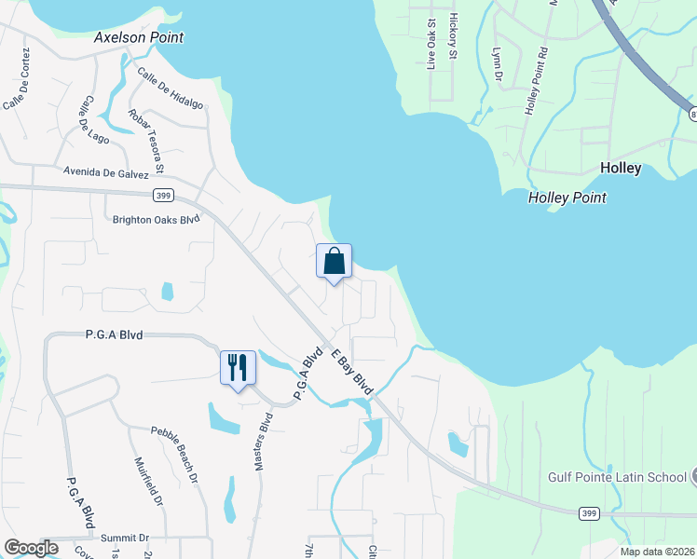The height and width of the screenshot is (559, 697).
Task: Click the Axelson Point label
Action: [139, 38]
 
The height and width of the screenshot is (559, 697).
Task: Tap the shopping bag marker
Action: [334, 263]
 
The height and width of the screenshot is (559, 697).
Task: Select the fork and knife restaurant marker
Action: [237, 367]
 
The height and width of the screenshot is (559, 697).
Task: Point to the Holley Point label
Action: [567, 198]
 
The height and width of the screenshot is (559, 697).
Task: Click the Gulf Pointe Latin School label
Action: [617, 477]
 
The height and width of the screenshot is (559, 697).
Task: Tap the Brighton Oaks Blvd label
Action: [156, 220]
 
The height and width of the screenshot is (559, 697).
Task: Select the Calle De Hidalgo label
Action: [170, 89]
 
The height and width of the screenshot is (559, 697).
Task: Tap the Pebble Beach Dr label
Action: [175, 453]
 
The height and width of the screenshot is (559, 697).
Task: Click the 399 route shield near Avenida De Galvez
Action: [163, 194]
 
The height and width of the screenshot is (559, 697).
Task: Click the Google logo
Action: [31, 548]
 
